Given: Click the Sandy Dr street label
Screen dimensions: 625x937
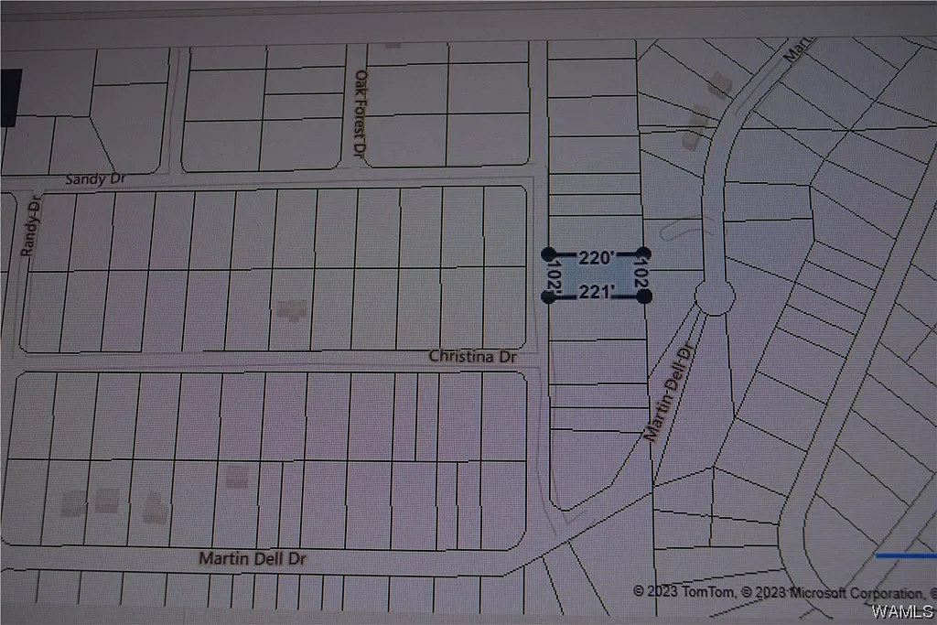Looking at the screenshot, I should coord(95,180).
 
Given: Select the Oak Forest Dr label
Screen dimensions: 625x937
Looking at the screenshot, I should coord(361,112).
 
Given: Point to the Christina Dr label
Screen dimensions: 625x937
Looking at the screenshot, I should coord(473,357).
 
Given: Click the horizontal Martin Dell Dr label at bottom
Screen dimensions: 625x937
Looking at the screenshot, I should coord(253,557).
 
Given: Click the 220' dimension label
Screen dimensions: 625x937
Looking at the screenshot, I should coord(595,259).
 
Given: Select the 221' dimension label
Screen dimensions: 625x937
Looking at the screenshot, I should coord(596,293).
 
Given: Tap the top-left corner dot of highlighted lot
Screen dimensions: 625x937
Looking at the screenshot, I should coord(548,253).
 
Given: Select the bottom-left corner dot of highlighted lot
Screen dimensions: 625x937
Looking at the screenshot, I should coord(549,296).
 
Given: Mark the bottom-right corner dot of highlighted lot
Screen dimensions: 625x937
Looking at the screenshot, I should coord(645,296).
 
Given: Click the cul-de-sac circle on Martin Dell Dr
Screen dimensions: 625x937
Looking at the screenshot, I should coord(715,296).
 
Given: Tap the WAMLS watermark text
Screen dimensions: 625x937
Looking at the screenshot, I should coord(902,610).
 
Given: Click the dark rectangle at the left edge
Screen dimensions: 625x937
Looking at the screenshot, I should coord(9,97).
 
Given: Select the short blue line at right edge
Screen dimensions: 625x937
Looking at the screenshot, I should coord(906,555).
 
